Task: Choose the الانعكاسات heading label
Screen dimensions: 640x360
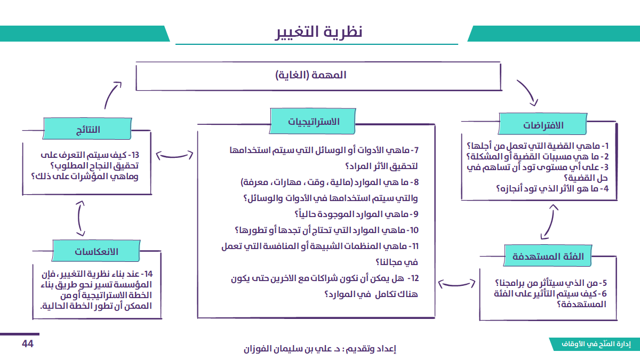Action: [x=96, y=251]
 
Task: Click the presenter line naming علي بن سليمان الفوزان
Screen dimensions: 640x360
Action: [x=319, y=349]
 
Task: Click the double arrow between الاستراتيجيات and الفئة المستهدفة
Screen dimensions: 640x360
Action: [x=458, y=283]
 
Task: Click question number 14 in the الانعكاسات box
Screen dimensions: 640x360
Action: [x=96, y=291]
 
